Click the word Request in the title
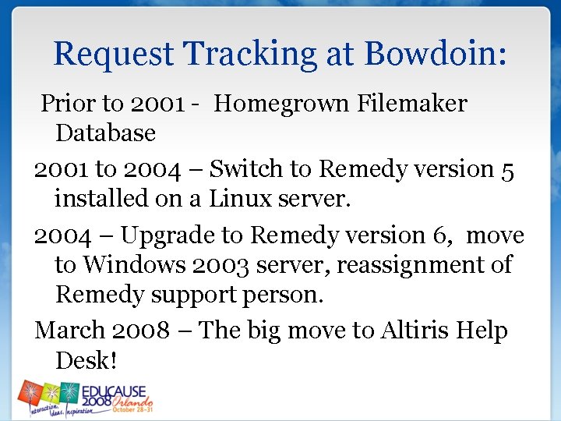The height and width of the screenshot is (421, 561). [x=114, y=55]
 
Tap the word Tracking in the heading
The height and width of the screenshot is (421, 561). [x=250, y=55]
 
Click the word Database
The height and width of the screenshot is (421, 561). [x=105, y=133]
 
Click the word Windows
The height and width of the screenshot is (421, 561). [x=132, y=265]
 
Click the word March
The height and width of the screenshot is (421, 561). [x=70, y=331]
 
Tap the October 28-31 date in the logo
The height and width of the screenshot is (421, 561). [x=132, y=409]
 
